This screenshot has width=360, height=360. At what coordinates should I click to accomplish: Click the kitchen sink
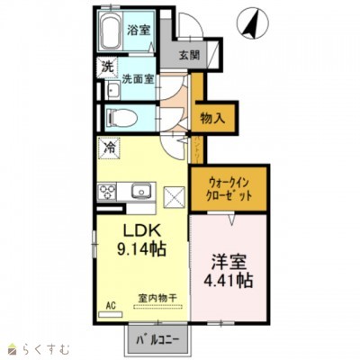click(140, 190)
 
